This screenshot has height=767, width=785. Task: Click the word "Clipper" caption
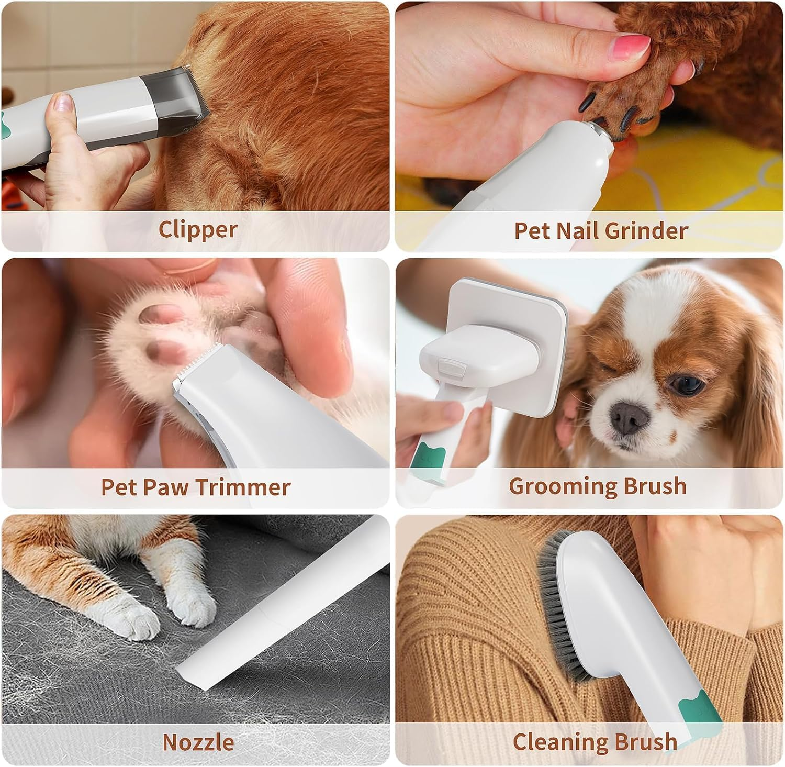(197, 229)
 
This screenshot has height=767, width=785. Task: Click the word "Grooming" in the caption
(553, 486)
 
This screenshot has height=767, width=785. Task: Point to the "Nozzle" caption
(198, 742)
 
